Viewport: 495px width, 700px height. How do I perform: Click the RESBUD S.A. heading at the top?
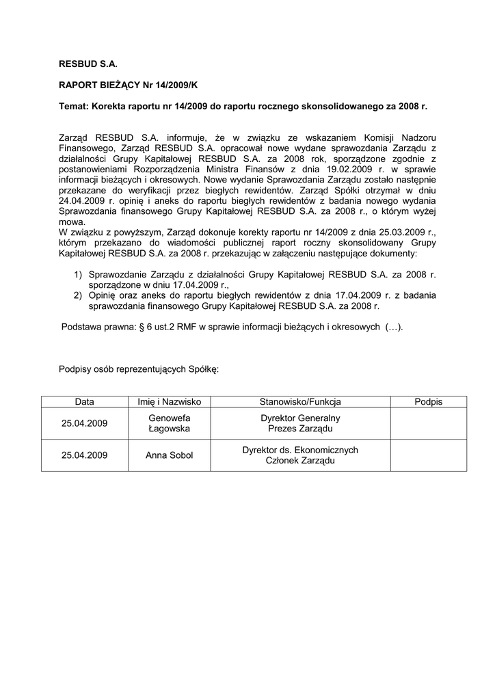coord(88,64)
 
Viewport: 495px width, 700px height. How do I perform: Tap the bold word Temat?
coord(73,107)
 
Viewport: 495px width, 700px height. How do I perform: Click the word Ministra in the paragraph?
coord(267,169)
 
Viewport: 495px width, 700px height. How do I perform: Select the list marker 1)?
coord(79,275)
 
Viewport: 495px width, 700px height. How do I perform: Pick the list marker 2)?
coord(79,295)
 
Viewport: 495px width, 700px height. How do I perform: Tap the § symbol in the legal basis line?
coord(142,327)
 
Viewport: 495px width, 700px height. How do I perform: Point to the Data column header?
coord(85,402)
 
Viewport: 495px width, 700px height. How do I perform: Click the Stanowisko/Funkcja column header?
coord(300,402)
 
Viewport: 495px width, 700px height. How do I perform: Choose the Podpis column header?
coord(428,402)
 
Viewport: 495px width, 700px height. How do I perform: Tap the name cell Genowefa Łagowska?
coord(169,423)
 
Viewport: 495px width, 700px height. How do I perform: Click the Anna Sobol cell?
coord(169,455)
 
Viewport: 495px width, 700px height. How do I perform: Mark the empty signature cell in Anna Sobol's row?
coord(428,455)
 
